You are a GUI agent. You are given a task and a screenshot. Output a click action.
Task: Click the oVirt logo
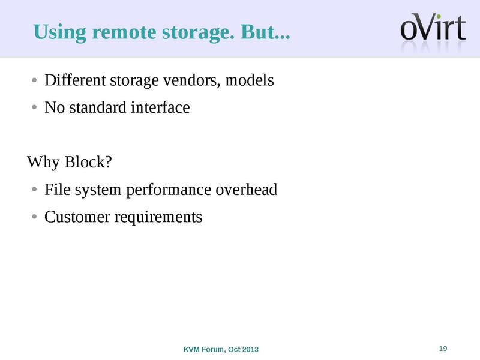(x=433, y=29)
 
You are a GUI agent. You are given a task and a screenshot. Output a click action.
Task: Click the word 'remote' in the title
(x=125, y=32)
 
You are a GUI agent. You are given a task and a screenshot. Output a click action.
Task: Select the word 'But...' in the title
(x=264, y=32)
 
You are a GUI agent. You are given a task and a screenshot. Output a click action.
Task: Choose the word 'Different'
(x=71, y=80)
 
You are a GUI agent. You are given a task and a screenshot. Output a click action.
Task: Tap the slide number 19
(x=444, y=349)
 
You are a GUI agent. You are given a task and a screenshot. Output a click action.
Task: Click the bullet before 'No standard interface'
(x=35, y=109)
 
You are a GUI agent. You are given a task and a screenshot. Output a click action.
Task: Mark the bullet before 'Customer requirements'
(x=35, y=217)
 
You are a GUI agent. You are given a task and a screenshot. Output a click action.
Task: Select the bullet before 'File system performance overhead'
(x=35, y=191)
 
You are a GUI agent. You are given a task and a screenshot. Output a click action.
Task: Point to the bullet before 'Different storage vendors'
(x=35, y=80)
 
